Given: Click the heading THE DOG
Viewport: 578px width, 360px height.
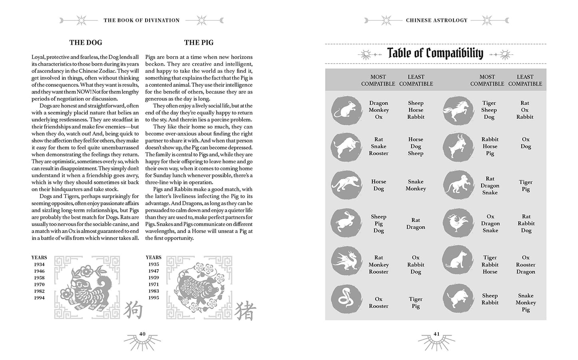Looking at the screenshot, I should (x=86, y=42).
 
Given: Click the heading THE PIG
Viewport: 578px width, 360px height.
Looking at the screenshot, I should (x=198, y=42).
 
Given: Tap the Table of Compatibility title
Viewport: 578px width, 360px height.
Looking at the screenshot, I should (x=435, y=53).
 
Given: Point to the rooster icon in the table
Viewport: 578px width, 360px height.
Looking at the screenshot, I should (x=458, y=223).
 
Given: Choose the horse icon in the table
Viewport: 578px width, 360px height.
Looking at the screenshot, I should (x=458, y=110).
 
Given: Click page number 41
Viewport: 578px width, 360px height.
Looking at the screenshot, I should (x=436, y=334).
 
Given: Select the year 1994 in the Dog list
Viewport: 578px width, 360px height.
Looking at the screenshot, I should (x=39, y=298).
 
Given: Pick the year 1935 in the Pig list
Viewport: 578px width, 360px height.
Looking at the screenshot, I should (x=154, y=264).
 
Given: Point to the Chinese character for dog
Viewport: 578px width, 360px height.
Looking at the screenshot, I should (x=132, y=310).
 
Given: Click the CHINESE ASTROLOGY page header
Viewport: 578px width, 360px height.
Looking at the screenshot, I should (x=436, y=20).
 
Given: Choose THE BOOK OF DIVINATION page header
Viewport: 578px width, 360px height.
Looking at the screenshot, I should (x=142, y=20).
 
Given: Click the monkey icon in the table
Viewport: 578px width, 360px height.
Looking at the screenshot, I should (x=458, y=186).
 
